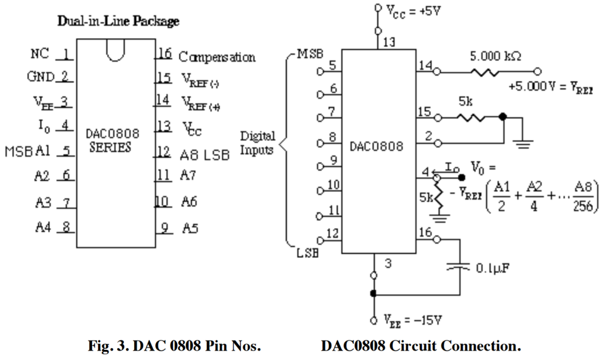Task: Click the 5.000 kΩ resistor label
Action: [495, 57]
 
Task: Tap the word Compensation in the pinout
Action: [217, 57]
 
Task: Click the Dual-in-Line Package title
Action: [118, 22]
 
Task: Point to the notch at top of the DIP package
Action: [115, 52]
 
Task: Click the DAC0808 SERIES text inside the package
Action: [114, 141]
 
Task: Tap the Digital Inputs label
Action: [257, 142]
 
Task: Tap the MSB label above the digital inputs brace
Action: [310, 54]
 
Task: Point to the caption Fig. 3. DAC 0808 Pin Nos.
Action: [174, 346]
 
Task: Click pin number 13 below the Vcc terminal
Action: [387, 42]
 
